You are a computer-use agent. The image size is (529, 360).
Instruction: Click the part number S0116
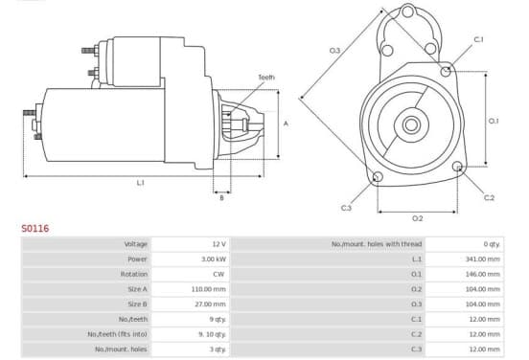[35, 229]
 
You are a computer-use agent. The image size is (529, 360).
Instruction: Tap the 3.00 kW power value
[213, 259]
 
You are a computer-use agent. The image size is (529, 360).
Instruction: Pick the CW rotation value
[218, 274]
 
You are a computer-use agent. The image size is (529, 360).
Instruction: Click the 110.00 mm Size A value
[208, 289]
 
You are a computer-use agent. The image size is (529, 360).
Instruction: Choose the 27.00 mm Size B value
[210, 304]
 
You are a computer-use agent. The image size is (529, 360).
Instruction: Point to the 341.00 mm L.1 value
[482, 259]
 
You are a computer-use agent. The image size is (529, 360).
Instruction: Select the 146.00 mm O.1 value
[482, 274]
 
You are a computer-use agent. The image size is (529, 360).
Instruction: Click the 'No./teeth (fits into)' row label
[118, 334]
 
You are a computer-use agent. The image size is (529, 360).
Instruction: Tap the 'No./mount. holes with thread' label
[377, 244]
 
